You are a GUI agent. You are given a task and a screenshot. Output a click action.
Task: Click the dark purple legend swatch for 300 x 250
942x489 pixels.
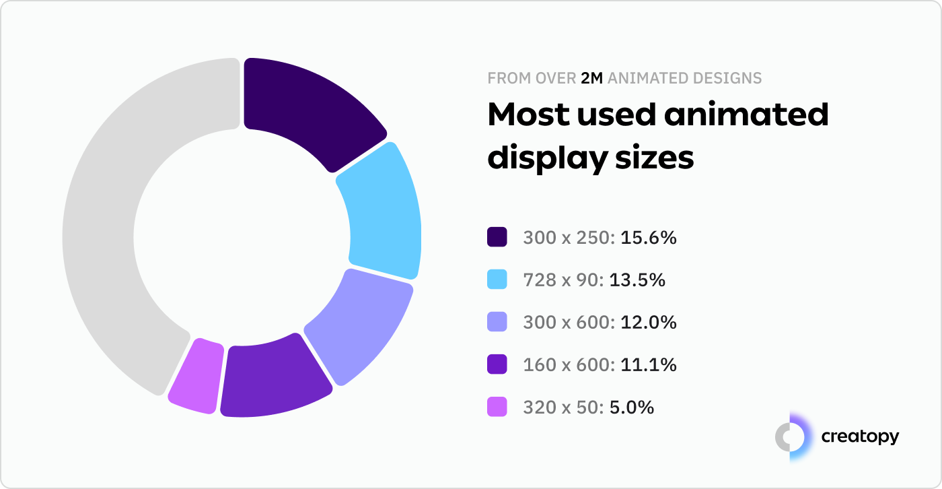click(x=497, y=237)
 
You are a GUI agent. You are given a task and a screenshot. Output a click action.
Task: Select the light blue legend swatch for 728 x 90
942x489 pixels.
click(x=497, y=280)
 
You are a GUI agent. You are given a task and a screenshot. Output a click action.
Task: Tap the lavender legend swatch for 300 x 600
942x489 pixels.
click(x=497, y=323)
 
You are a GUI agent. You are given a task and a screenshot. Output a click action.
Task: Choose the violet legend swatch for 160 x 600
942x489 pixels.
click(x=497, y=365)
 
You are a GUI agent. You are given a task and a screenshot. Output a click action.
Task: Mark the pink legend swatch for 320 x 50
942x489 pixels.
click(x=497, y=407)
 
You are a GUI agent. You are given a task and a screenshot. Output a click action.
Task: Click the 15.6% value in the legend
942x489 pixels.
click(x=648, y=238)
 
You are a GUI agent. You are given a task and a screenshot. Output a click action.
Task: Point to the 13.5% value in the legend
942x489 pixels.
click(x=637, y=280)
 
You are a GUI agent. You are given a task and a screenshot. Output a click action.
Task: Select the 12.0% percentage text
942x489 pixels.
click(x=648, y=323)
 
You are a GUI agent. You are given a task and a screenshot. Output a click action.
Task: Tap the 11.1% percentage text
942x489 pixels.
click(x=648, y=365)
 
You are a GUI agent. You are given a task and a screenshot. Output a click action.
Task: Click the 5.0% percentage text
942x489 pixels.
click(x=631, y=407)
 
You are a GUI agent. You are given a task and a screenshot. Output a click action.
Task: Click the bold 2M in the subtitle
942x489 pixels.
click(x=592, y=79)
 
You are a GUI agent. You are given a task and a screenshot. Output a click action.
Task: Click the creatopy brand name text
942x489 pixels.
click(x=859, y=437)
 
